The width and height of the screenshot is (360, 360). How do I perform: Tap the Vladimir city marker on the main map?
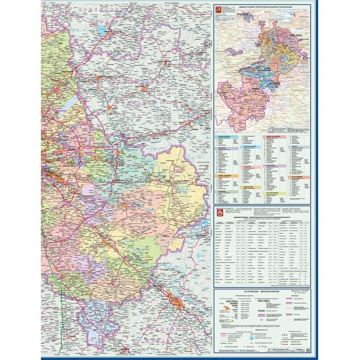coord(202,109)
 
